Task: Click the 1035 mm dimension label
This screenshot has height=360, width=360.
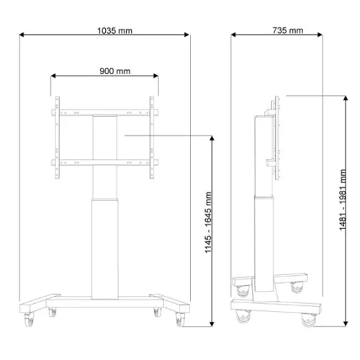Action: [114, 31]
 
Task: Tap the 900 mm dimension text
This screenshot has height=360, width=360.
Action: [115, 71]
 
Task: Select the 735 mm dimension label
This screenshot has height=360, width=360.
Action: [288, 30]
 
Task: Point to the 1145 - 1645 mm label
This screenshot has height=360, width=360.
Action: [208, 222]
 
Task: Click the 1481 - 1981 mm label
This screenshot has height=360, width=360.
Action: [343, 200]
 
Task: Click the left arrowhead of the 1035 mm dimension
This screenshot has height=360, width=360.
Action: [22, 35]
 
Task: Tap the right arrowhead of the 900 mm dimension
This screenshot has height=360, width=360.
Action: [156, 76]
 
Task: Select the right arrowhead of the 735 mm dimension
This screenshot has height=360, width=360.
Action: [320, 35]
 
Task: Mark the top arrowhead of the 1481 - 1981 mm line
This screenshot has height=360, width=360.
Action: [346, 98]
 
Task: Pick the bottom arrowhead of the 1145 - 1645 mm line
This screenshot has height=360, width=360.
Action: [212, 324]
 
